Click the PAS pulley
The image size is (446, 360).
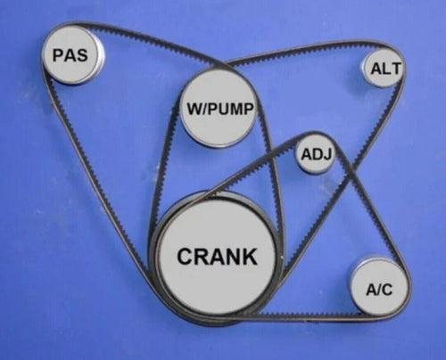click(x=72, y=55)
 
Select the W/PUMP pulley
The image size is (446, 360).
click(x=219, y=109)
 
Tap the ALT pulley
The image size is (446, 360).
click(x=384, y=68)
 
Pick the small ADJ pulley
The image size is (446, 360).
click(x=316, y=154)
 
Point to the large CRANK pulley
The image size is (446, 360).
click(x=217, y=258)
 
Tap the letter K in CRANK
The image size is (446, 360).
click(x=249, y=257)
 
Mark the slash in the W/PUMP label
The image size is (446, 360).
click(x=204, y=109)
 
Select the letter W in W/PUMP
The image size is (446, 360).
click(x=194, y=109)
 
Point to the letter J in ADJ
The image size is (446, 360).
click(x=327, y=154)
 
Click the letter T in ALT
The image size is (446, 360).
click(x=396, y=69)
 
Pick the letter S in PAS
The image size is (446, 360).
click(x=81, y=55)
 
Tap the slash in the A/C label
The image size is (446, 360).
click(x=378, y=290)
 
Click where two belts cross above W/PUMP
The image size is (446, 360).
click(x=224, y=64)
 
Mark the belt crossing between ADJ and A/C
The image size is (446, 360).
click(x=351, y=173)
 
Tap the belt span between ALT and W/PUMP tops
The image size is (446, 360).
click(x=301, y=51)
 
